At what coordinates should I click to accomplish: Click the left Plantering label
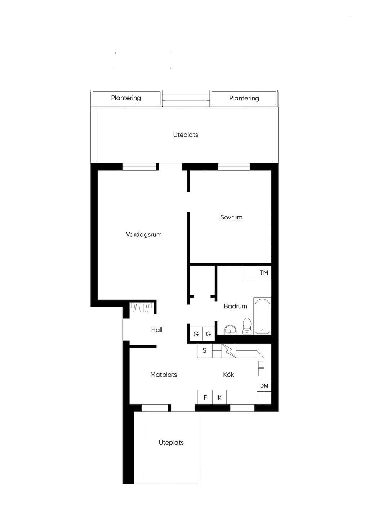pyautogui.click(x=126, y=98)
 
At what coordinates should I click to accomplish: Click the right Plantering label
pyautogui.click(x=244, y=98)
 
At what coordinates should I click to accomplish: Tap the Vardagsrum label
pyautogui.click(x=144, y=235)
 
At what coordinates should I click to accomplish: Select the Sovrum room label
pyautogui.click(x=231, y=217)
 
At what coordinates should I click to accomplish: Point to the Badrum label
pyautogui.click(x=236, y=306)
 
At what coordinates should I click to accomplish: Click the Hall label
pyautogui.click(x=157, y=330)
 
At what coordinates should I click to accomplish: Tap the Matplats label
pyautogui.click(x=164, y=375)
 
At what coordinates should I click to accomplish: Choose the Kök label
pyautogui.click(x=228, y=375)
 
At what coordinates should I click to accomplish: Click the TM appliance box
pyautogui.click(x=264, y=273)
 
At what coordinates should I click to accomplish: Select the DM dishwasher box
pyautogui.click(x=264, y=386)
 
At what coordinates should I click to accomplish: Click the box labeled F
pyautogui.click(x=205, y=398)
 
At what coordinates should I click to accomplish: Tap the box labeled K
pyautogui.click(x=219, y=398)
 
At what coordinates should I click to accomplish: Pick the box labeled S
pyautogui.click(x=205, y=350)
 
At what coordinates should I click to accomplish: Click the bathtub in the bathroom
pyautogui.click(x=262, y=316)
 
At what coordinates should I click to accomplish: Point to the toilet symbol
pyautogui.click(x=247, y=326)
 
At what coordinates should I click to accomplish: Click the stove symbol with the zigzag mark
pyautogui.click(x=229, y=350)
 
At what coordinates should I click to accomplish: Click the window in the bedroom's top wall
pyautogui.click(x=234, y=167)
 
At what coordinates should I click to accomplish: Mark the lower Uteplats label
pyautogui.click(x=171, y=443)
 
